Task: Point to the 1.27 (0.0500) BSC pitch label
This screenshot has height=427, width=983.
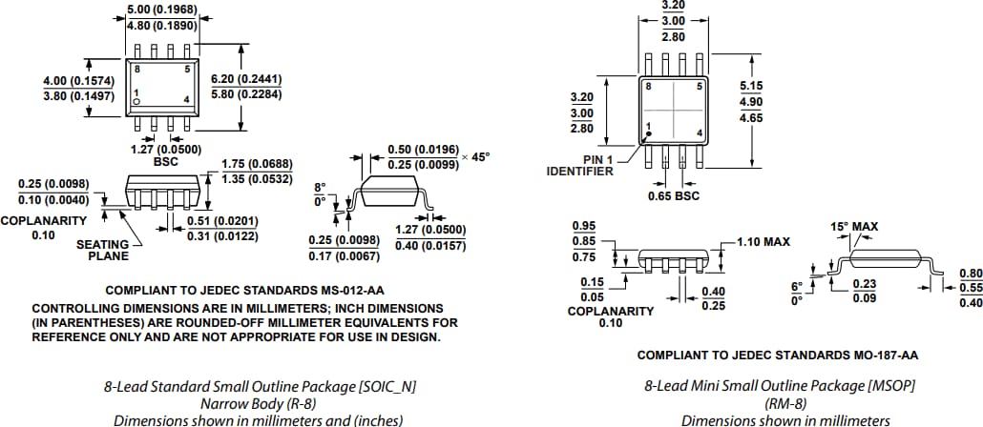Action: click(165, 150)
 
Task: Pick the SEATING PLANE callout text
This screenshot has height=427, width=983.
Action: click(102, 250)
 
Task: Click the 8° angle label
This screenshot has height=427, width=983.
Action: click(320, 187)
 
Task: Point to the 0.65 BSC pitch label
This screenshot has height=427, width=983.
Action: click(674, 195)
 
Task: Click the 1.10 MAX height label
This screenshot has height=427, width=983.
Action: click(763, 242)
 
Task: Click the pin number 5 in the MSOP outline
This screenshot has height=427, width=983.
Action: click(699, 87)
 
